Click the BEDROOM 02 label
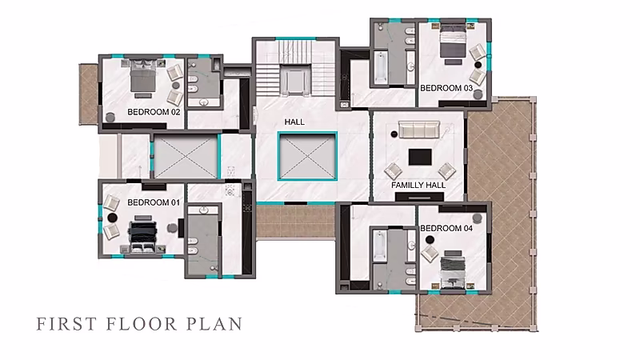pyautogui.click(x=154, y=112)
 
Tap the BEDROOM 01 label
pyautogui.click(x=154, y=202)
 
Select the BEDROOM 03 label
pyautogui.click(x=446, y=88)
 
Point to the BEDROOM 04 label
pyautogui.click(x=446, y=228)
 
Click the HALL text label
pyautogui.click(x=294, y=122)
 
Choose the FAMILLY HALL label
pyautogui.click(x=418, y=185)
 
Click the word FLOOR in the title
pyautogui.click(x=142, y=324)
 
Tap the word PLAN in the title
pyautogui.click(x=214, y=324)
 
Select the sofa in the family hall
pyautogui.click(x=419, y=130)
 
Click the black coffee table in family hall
pyautogui.click(x=420, y=157)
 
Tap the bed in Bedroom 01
pyautogui.click(x=142, y=237)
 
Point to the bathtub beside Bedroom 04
pyautogui.click(x=379, y=246)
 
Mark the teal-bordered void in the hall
pyautogui.click(x=307, y=156)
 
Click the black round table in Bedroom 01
pyautogui.click(x=113, y=218)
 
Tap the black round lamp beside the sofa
pyautogui.click(x=394, y=134)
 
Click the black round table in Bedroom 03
pyautogui.click(x=478, y=65)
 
